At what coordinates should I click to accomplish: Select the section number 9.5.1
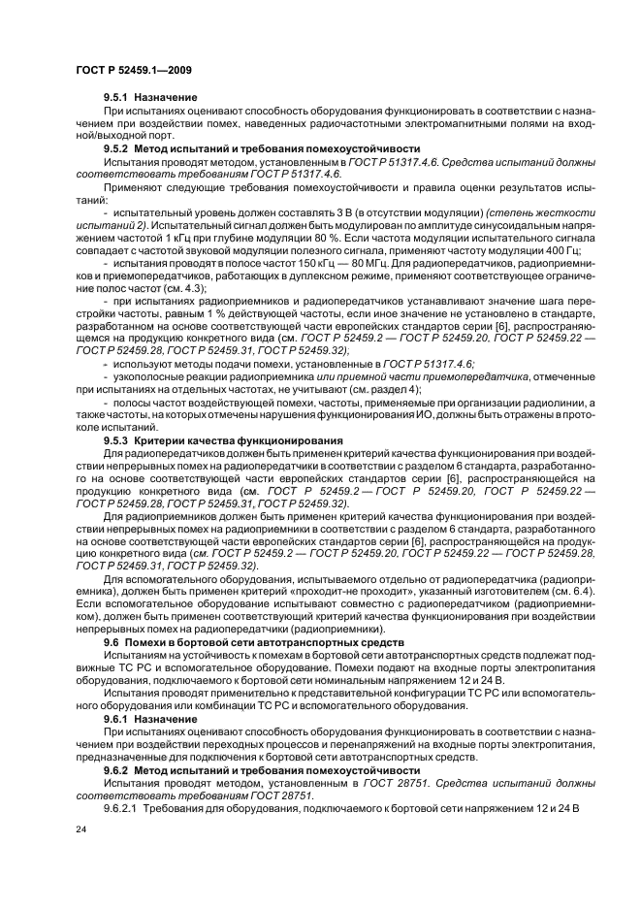117,98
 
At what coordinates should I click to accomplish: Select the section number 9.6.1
117,719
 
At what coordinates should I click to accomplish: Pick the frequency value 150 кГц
274,262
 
